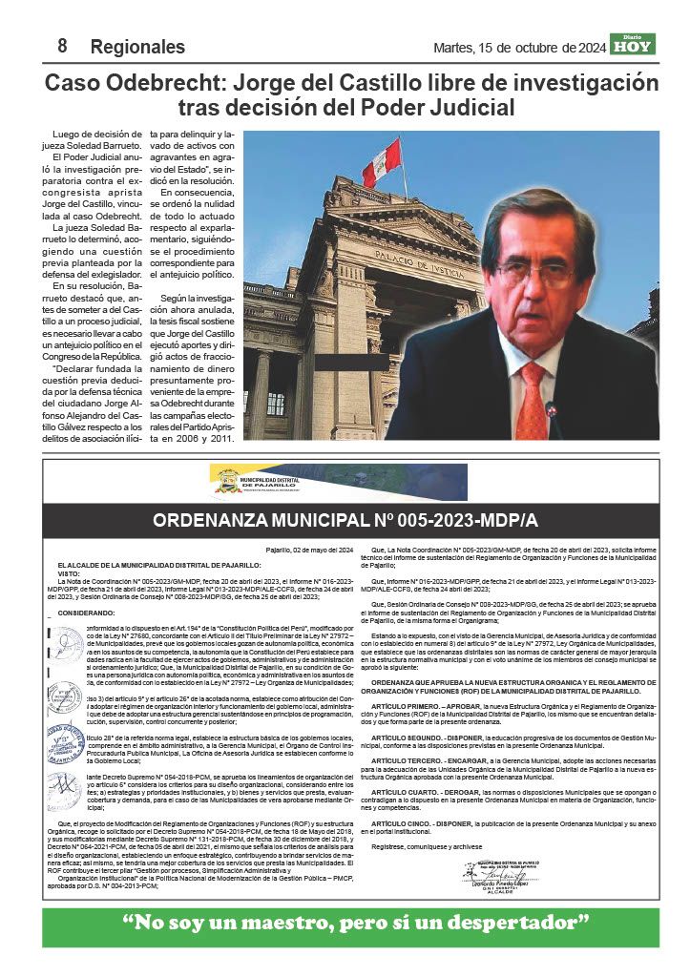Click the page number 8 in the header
[x=61, y=46]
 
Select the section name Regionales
[x=137, y=47]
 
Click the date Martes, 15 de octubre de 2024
[x=519, y=48]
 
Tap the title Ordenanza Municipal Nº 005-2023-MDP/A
[x=345, y=521]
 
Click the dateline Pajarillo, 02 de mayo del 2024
[x=309, y=551]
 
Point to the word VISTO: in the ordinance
[x=70, y=573]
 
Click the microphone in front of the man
[x=552, y=412]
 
